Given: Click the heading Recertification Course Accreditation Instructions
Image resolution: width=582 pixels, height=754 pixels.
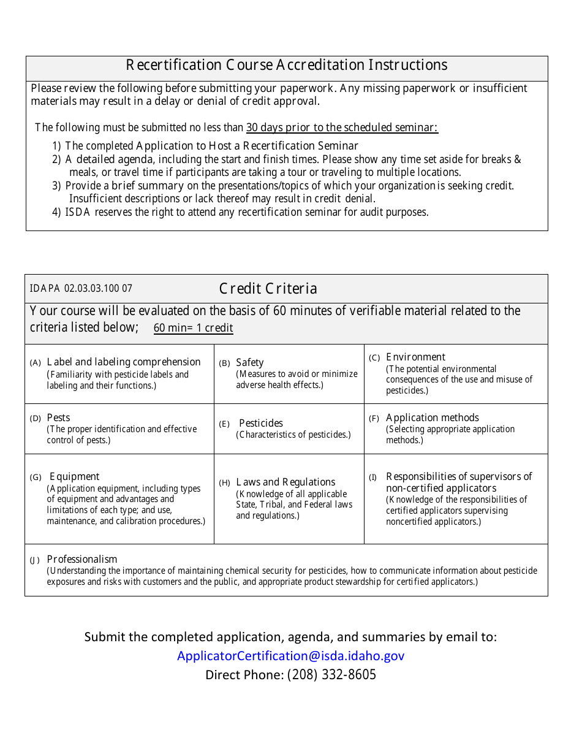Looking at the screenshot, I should (x=286, y=65).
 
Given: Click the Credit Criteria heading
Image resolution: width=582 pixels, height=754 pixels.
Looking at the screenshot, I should (x=268, y=289).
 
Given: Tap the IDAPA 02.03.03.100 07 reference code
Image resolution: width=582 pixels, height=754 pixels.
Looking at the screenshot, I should (x=81, y=289).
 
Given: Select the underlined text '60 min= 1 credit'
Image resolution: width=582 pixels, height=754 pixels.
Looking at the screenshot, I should (x=193, y=328).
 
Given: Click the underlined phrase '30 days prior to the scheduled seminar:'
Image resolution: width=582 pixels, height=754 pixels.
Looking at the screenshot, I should (x=342, y=128).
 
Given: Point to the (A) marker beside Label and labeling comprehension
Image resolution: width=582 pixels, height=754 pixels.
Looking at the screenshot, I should (x=36, y=363).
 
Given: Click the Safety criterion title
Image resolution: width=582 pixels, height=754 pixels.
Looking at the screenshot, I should (x=250, y=362).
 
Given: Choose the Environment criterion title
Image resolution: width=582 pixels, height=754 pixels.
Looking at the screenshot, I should (x=415, y=357).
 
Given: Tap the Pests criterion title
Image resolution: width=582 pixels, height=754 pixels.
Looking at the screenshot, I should (x=58, y=417).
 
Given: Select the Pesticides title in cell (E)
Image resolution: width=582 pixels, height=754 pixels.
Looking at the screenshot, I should (x=261, y=423).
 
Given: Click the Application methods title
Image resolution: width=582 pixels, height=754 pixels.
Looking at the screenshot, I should (x=432, y=417).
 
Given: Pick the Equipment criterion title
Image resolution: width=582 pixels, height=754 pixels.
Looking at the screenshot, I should (x=74, y=476).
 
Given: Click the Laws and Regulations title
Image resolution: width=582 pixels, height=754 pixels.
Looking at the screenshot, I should (x=285, y=482).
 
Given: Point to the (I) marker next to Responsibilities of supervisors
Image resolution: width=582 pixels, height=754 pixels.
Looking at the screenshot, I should (x=372, y=477).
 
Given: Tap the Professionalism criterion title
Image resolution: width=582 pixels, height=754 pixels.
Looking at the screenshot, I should (x=82, y=559).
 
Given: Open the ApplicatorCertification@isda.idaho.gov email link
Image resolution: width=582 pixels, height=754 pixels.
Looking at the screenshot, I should (x=290, y=656).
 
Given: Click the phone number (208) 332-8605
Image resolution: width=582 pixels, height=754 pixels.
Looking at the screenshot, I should (x=331, y=675).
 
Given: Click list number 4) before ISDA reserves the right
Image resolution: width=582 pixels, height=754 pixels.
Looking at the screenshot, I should (x=56, y=212).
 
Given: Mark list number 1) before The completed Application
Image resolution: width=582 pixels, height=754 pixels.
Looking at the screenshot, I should (x=56, y=146).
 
